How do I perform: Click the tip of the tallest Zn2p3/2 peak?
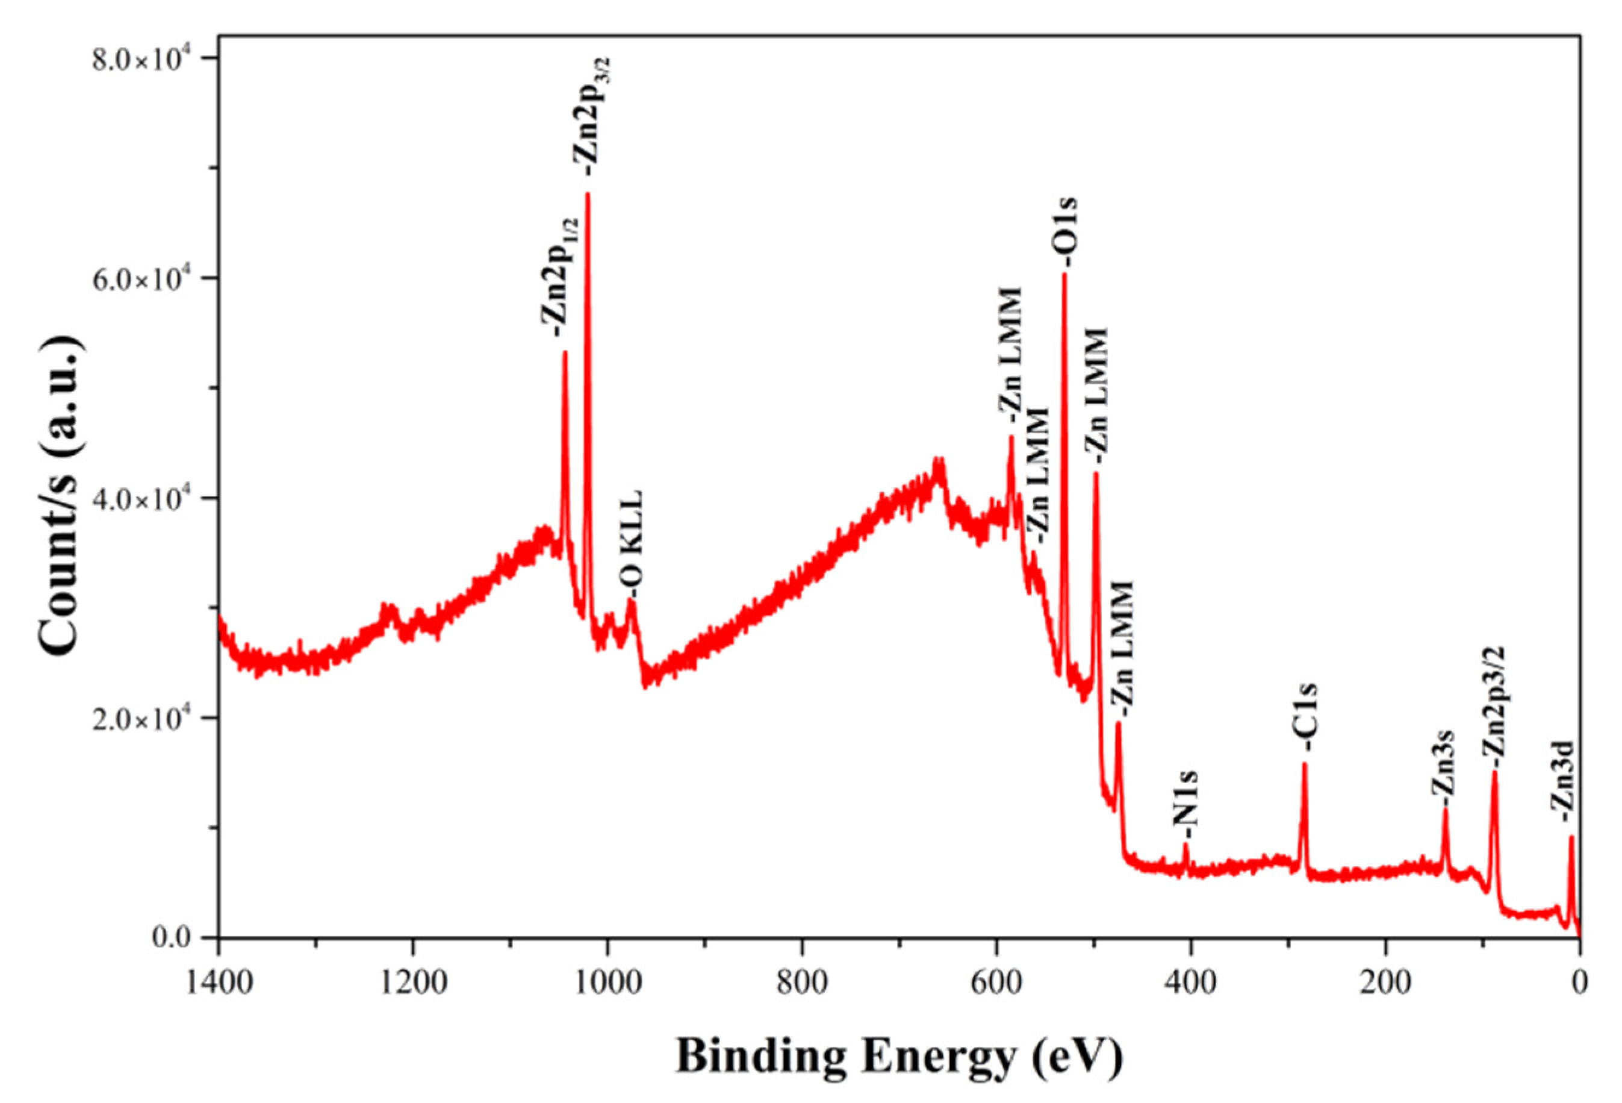point(588,195)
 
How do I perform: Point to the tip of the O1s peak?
point(1064,274)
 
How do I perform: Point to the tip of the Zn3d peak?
point(1571,837)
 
